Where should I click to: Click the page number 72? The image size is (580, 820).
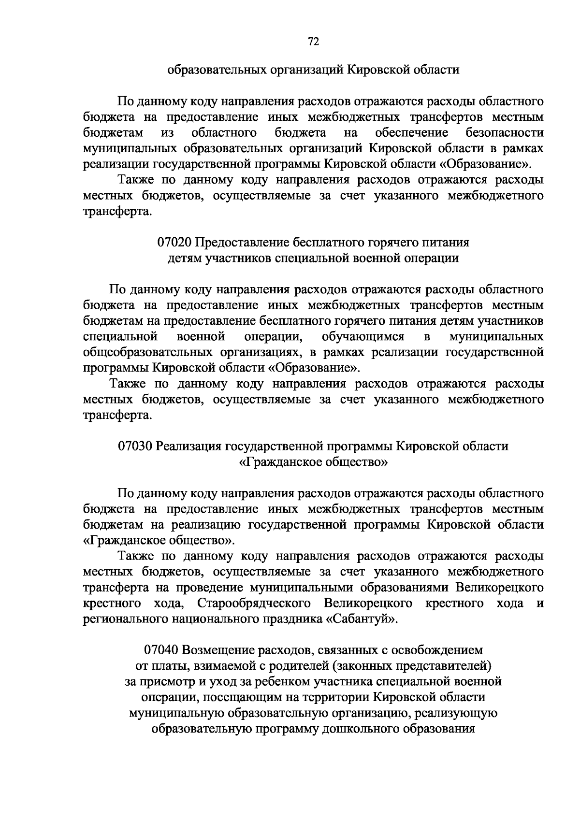tap(313, 42)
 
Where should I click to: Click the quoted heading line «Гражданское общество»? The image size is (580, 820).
tap(313, 462)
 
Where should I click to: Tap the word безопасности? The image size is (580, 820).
tap(505, 133)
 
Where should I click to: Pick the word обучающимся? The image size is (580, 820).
tap(363, 336)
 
